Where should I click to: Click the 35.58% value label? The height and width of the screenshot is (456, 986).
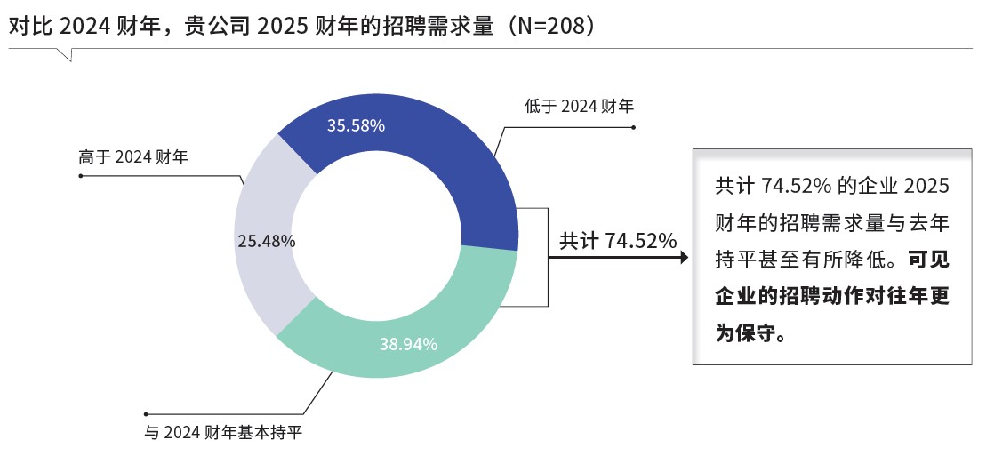click(x=356, y=126)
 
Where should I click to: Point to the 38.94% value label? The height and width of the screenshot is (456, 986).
click(x=409, y=344)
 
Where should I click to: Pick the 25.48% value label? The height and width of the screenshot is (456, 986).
click(x=267, y=241)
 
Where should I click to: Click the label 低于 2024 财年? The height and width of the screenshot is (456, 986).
click(x=579, y=106)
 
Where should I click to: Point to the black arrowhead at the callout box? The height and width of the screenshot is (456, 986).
click(x=684, y=258)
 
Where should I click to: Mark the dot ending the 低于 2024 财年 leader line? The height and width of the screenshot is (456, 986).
click(x=633, y=127)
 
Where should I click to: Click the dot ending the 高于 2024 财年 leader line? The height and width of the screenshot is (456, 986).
click(x=81, y=176)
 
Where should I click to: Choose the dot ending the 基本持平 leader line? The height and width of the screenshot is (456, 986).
click(x=147, y=413)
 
